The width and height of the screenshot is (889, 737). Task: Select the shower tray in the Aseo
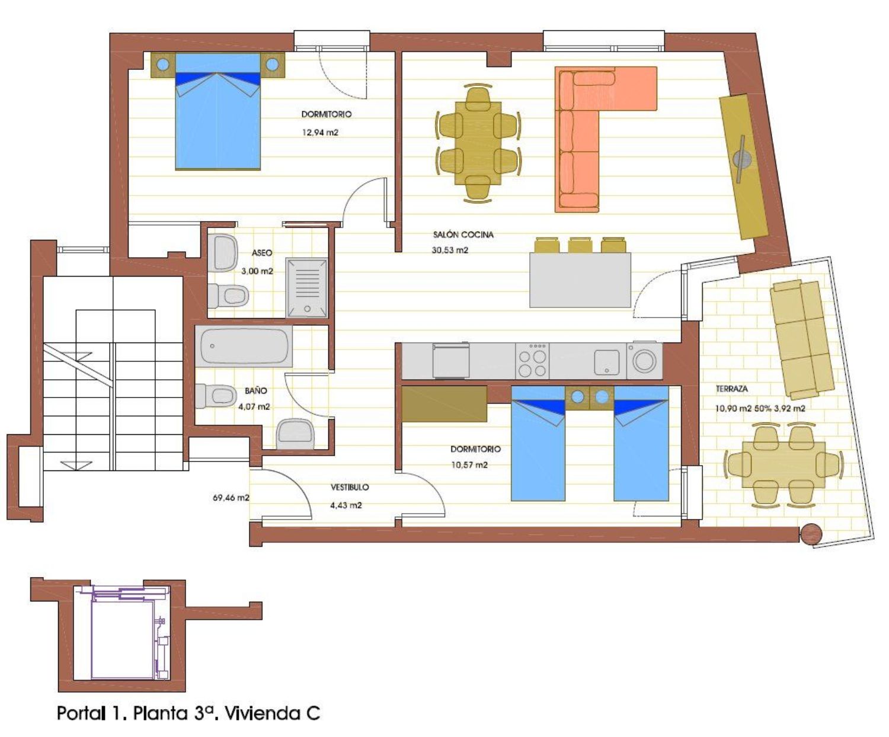(x=306, y=288)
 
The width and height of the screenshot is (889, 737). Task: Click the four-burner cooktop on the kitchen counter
(x=532, y=361)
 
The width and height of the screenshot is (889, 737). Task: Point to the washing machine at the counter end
(x=644, y=361)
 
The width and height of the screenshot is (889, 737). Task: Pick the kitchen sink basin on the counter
(x=607, y=362)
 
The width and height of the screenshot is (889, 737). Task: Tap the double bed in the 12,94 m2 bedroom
(x=218, y=111)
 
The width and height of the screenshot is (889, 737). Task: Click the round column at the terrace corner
(x=811, y=534)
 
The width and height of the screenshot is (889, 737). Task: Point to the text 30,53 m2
(x=450, y=250)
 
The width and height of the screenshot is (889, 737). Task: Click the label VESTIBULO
(x=350, y=487)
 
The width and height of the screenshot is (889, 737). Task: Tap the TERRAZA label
(x=731, y=389)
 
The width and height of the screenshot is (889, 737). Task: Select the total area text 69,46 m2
(x=231, y=498)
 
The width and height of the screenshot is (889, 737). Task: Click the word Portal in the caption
(x=81, y=713)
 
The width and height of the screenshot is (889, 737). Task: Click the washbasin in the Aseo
(x=223, y=252)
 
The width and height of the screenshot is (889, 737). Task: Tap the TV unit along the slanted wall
(x=744, y=167)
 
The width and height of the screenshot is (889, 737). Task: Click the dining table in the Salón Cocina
(x=478, y=143)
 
